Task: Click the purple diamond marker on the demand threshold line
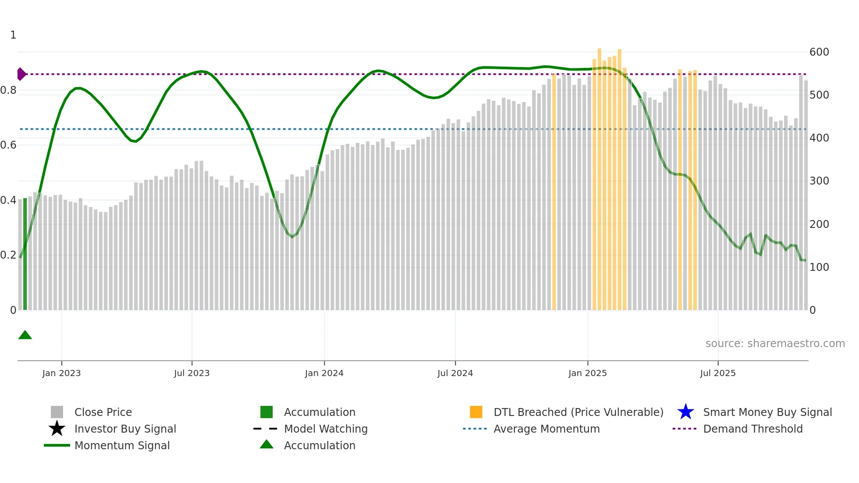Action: (21, 74)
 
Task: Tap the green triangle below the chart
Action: (25, 335)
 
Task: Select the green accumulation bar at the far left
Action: (25, 254)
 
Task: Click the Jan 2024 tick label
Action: (324, 373)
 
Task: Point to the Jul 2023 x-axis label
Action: (192, 373)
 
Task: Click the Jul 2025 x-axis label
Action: (717, 373)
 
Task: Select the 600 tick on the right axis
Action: (819, 52)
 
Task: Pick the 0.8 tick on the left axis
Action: (8, 90)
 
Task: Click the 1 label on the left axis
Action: (13, 35)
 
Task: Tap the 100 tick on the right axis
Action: (819, 267)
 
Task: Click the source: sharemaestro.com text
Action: (775, 343)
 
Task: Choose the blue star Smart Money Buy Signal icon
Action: (685, 412)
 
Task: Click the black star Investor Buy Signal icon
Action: (57, 429)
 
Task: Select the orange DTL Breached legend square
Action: (476, 412)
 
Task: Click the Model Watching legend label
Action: (326, 429)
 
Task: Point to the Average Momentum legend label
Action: (547, 429)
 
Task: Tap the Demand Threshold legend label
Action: (753, 429)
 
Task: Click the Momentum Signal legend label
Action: (122, 445)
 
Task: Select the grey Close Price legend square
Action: (57, 412)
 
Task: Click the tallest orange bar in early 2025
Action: (599, 175)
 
